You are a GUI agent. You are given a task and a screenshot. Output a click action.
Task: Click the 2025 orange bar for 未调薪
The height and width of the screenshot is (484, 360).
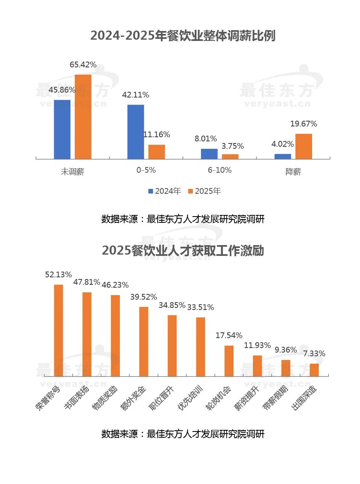(x=83, y=117)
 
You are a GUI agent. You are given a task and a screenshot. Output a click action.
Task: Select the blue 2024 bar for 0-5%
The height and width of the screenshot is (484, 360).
(x=136, y=132)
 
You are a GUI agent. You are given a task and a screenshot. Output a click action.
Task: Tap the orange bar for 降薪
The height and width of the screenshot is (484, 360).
(x=304, y=146)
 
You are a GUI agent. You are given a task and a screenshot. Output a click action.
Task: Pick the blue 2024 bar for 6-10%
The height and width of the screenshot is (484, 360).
(x=209, y=154)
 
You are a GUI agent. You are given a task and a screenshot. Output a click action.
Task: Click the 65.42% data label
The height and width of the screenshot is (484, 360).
(x=83, y=65)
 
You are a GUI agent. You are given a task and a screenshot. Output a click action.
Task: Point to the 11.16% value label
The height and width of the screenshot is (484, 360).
(x=157, y=135)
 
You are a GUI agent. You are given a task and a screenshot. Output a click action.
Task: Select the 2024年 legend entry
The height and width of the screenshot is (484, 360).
(x=165, y=191)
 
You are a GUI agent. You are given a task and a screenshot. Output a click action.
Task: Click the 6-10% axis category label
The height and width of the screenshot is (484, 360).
(x=219, y=170)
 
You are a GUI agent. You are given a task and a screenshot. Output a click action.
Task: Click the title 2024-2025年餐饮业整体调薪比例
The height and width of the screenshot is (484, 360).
(x=183, y=36)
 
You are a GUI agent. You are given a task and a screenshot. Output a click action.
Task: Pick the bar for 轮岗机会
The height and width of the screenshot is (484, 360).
(x=229, y=361)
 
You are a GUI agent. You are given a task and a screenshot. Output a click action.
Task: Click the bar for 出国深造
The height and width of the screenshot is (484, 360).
(x=314, y=370)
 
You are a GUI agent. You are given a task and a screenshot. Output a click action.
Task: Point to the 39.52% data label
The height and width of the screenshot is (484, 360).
(x=143, y=297)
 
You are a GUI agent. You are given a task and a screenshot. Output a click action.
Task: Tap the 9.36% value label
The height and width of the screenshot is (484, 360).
(x=286, y=350)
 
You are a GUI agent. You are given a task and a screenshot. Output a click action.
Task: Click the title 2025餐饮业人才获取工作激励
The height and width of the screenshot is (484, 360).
(x=183, y=251)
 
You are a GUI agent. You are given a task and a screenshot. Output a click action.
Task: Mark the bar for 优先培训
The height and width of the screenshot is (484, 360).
(x=200, y=347)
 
